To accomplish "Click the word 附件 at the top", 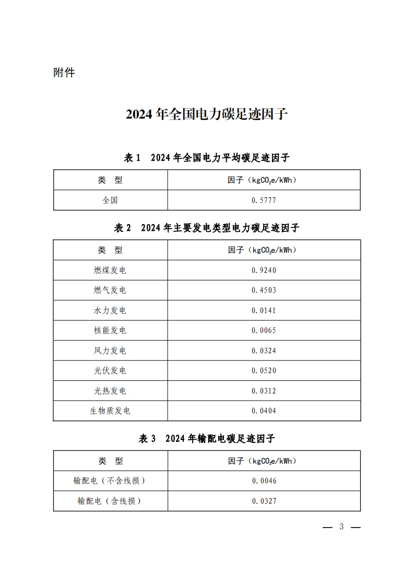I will [64, 73].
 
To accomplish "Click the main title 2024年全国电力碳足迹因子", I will [207, 114].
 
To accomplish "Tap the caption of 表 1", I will [207, 157].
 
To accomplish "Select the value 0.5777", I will [264, 200].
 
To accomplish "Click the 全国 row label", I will [110, 200].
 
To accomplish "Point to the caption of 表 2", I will [207, 228].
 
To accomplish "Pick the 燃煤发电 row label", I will [110, 270].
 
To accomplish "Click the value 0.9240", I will [264, 270].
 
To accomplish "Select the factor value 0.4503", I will [264, 290].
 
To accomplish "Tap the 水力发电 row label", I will [110, 310].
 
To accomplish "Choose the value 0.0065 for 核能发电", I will [264, 330].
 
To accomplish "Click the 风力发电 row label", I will [110, 350].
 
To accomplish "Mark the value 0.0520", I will [264, 371].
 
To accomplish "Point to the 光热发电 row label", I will [110, 391].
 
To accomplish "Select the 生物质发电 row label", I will [110, 411].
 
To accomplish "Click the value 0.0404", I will [264, 411].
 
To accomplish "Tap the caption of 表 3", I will [207, 439].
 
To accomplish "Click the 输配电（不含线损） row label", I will [110, 480].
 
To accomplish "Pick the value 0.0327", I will [264, 501].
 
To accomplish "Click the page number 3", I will [342, 526].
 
